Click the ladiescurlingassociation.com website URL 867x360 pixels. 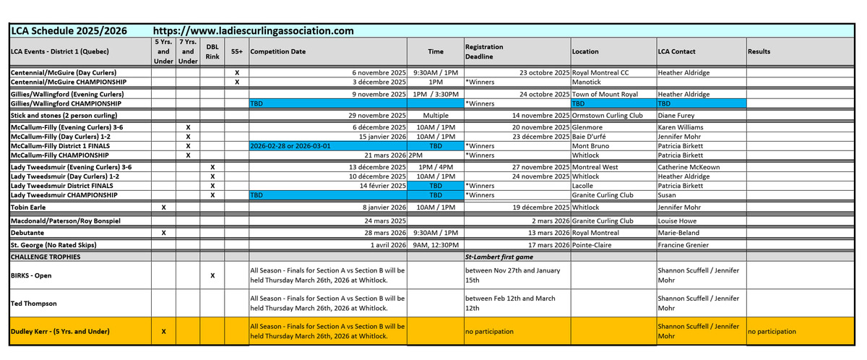point(254,30)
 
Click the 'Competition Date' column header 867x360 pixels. point(277,52)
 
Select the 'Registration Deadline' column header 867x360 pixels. point(484,51)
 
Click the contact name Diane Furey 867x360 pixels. point(676,115)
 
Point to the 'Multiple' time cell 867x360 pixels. point(436,115)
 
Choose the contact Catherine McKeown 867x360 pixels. point(689,167)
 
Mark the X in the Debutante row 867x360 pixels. point(164,233)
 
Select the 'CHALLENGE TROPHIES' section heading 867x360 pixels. point(45,257)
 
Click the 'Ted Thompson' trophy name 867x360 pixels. point(35,303)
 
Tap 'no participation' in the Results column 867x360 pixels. point(772,332)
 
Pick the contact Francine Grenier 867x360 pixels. point(683,246)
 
